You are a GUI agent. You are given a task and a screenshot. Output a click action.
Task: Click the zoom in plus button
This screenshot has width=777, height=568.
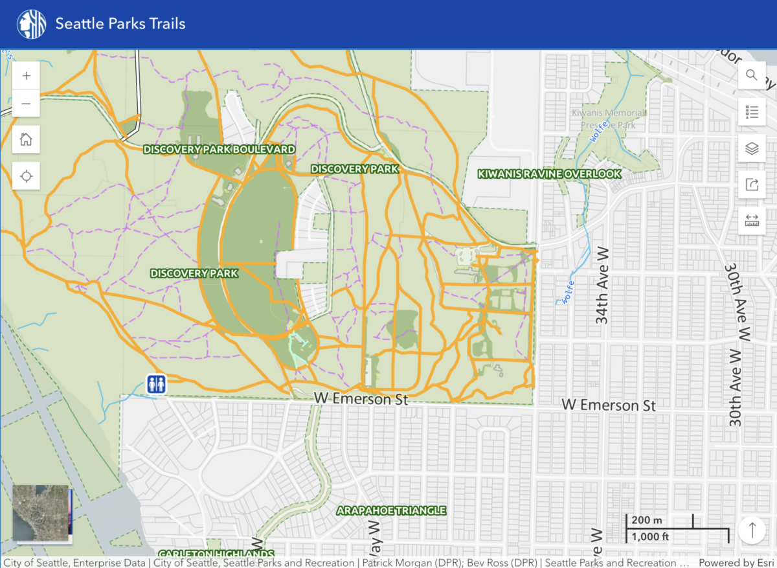click(x=26, y=76)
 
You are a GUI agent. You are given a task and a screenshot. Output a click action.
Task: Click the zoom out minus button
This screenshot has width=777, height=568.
click(x=26, y=104)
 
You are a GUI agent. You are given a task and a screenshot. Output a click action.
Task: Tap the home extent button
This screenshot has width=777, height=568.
click(x=26, y=139)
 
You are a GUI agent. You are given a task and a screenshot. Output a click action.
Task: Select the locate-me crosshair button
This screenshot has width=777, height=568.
click(x=26, y=176)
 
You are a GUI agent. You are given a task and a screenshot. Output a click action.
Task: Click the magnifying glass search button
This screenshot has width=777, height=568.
click(x=752, y=75)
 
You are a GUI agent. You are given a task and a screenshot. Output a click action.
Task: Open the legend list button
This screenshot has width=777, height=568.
click(x=752, y=112)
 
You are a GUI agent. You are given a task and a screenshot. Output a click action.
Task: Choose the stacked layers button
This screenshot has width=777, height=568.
click(x=752, y=148)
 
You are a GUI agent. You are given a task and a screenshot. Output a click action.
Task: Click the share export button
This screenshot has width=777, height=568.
click(x=752, y=185)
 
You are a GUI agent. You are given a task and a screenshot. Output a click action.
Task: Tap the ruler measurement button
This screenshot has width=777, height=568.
click(x=752, y=221)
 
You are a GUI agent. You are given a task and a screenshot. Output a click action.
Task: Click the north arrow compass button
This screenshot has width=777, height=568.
click(x=752, y=530)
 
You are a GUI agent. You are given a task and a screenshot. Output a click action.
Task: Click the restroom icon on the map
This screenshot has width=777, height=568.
click(x=156, y=384)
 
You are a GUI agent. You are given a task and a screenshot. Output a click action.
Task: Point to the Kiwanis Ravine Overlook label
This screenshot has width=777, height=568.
click(x=549, y=174)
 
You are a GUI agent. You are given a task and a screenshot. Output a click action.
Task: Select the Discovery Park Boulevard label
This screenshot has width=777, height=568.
click(x=219, y=150)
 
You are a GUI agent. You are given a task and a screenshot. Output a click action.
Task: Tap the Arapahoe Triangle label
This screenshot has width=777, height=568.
click(x=391, y=510)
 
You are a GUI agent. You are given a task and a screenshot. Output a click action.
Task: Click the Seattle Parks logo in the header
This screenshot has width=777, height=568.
click(x=31, y=24)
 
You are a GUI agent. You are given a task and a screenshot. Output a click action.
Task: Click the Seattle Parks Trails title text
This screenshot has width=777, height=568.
click(x=120, y=24)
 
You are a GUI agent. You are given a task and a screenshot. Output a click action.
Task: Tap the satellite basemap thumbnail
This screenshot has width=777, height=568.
click(x=41, y=513)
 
